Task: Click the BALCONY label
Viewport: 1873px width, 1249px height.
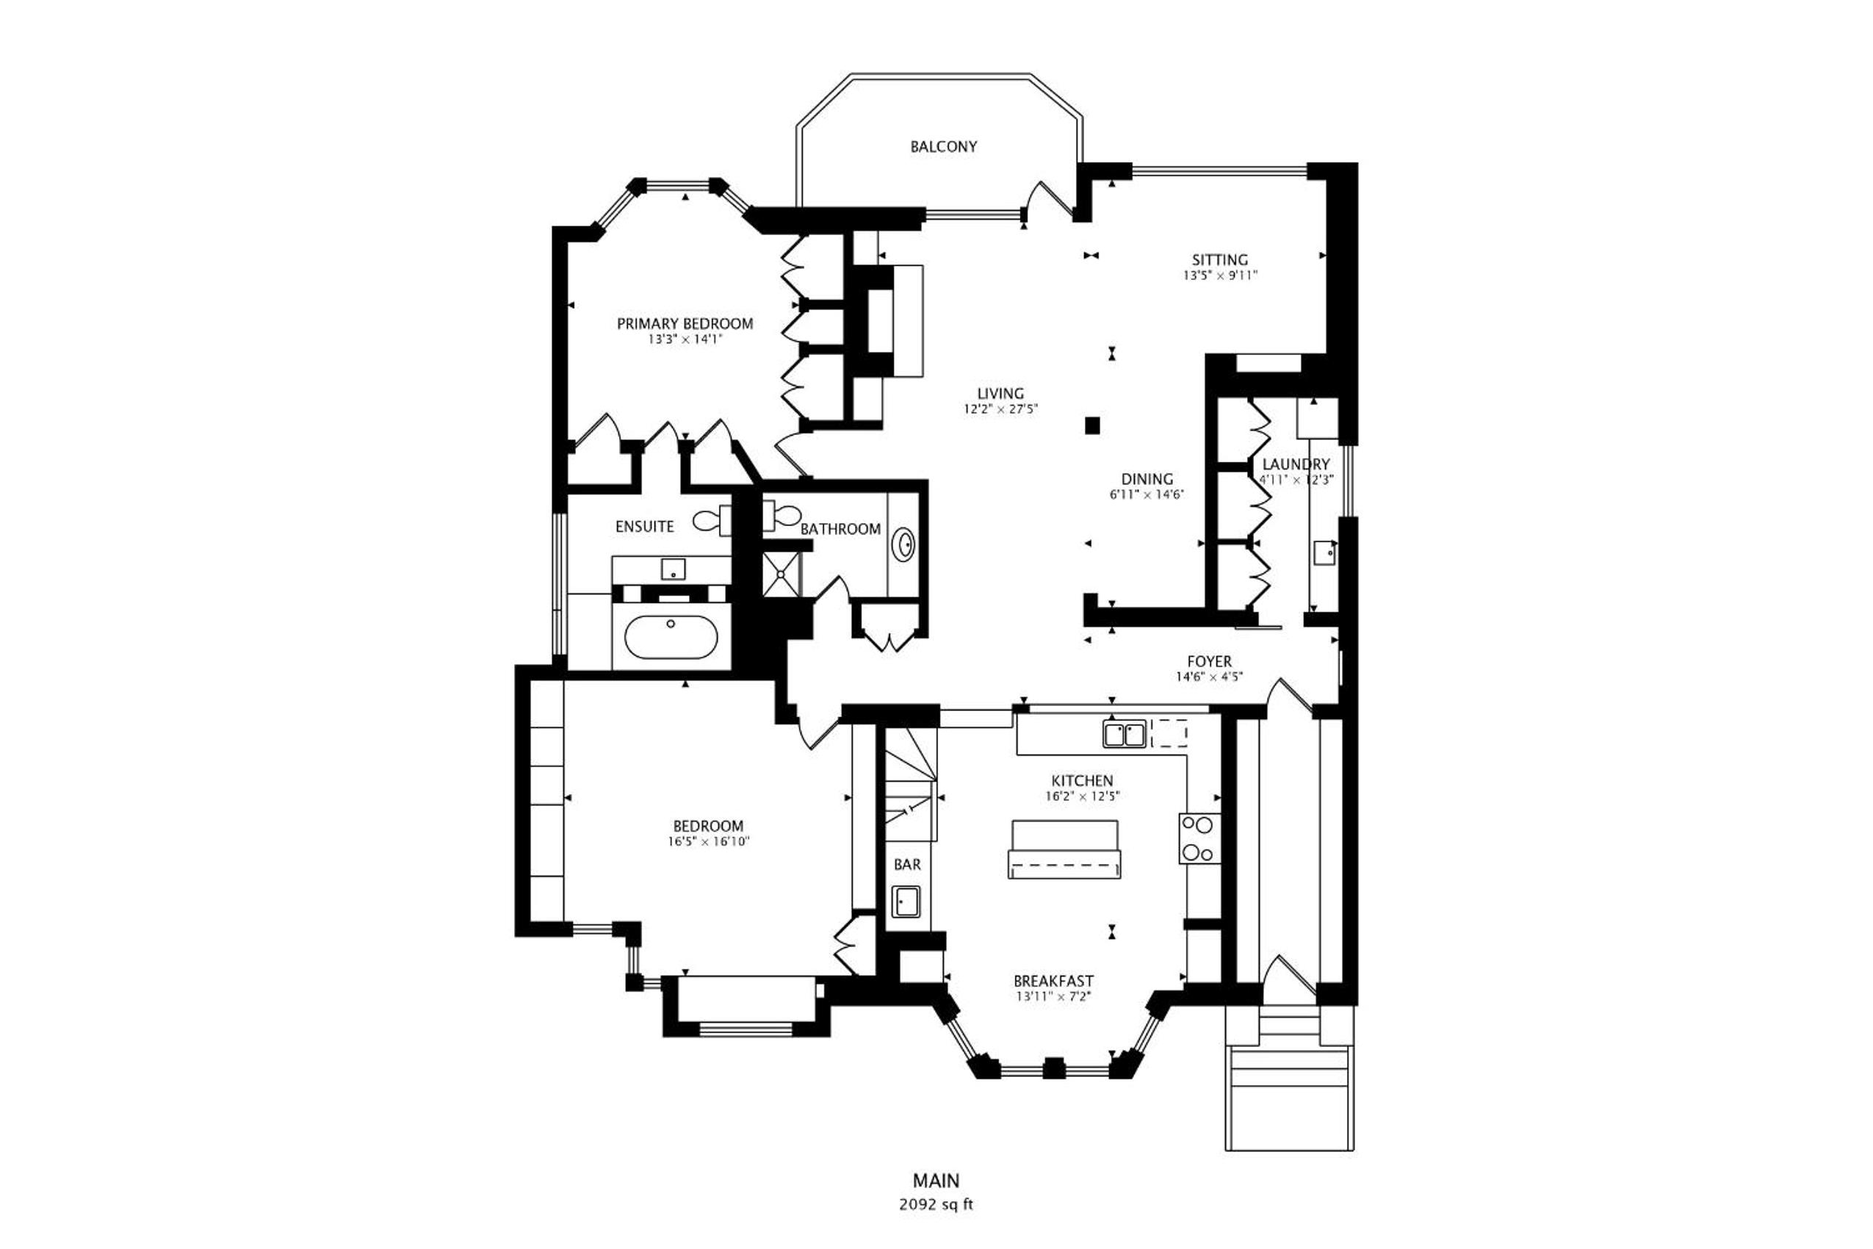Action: pos(944,146)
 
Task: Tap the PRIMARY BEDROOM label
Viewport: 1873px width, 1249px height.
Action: pos(685,323)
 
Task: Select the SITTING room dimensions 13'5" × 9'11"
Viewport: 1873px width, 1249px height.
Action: pos(1220,276)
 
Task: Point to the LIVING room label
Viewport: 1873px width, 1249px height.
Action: pos(1001,394)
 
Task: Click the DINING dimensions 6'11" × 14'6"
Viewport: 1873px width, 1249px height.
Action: pos(1147,494)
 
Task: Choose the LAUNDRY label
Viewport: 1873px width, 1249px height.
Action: pos(1296,464)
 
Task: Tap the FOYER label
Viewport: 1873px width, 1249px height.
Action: pos(1210,661)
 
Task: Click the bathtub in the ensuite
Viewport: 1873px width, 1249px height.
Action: pos(671,637)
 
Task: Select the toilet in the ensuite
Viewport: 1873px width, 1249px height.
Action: pos(712,521)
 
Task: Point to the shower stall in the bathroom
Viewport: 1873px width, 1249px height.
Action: pos(783,574)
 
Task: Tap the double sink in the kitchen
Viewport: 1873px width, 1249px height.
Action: pos(1125,734)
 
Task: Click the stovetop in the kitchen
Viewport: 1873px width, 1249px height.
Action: pos(1199,838)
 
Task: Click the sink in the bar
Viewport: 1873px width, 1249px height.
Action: pos(906,901)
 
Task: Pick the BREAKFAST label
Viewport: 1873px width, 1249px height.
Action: pos(1053,982)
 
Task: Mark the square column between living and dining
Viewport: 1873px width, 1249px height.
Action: pos(1093,426)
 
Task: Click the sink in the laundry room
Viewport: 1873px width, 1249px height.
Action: pos(1325,552)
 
